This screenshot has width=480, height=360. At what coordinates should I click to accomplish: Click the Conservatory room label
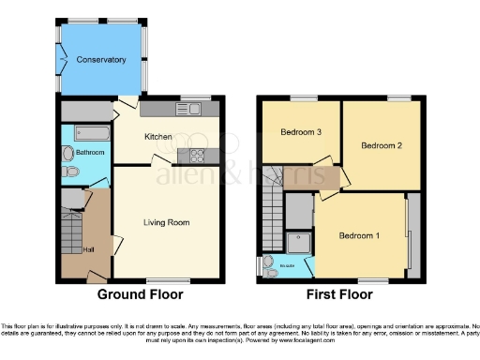(x=101, y=60)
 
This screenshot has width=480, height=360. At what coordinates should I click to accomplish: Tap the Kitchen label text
(x=157, y=137)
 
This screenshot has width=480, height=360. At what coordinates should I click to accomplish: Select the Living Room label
(x=166, y=222)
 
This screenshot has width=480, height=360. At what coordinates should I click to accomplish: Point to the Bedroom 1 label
(x=359, y=235)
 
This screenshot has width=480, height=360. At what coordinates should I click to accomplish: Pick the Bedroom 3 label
(x=301, y=132)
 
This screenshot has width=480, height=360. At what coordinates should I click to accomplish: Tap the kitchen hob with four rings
(x=199, y=156)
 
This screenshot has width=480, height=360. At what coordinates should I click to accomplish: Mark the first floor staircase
(x=271, y=202)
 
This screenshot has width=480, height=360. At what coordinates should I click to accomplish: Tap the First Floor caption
(x=342, y=294)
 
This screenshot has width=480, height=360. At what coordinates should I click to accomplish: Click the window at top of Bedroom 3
(x=301, y=97)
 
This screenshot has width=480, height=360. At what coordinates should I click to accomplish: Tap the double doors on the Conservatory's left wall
(x=61, y=61)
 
